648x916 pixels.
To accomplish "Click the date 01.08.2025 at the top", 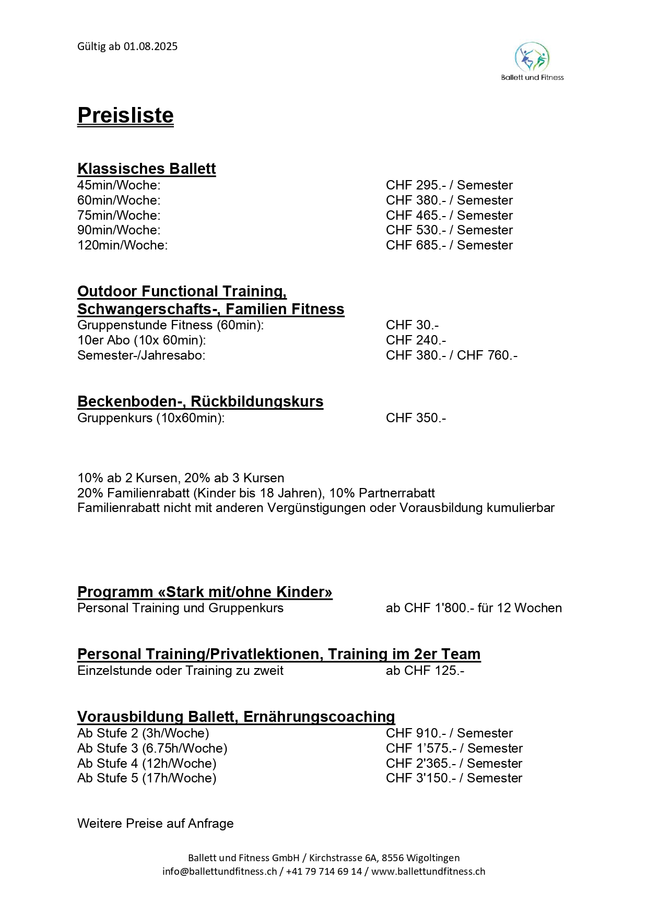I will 150,46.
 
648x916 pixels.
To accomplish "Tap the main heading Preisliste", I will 125,115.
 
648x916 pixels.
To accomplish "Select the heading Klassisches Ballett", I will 146,169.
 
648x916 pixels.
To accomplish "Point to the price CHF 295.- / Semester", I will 449,185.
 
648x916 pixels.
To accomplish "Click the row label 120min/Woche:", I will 123,245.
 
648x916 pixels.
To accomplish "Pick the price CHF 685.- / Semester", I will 449,245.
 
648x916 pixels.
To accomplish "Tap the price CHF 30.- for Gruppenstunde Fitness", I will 412,325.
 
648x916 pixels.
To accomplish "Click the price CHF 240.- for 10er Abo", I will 416,340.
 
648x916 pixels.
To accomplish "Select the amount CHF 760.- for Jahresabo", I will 487,355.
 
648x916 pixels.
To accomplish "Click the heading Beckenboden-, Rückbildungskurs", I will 200,401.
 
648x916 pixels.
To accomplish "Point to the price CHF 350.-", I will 416,418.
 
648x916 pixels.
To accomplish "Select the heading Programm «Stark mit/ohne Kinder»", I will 205,592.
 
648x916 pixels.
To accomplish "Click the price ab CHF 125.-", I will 425,671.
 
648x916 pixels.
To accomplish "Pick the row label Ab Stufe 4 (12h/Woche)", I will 147,764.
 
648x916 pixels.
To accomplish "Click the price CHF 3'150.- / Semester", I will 454,778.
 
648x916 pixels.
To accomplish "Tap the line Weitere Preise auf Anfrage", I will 156,824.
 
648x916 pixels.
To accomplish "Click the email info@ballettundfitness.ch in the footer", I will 219,871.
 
